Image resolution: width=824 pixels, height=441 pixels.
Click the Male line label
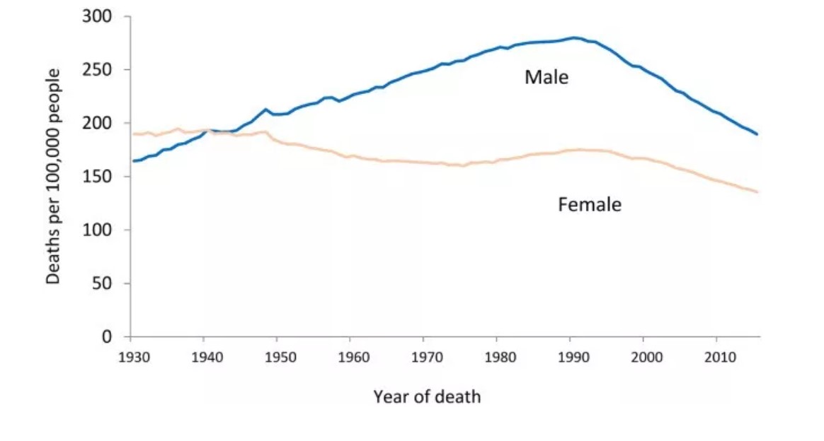(x=546, y=77)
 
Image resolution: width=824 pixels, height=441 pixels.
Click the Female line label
(x=589, y=205)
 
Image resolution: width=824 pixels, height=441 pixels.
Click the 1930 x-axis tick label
(x=133, y=356)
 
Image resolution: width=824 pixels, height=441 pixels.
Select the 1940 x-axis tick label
(x=207, y=356)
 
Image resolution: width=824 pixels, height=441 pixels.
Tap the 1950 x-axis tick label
(x=280, y=356)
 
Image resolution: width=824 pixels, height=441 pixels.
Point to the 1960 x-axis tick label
(x=353, y=356)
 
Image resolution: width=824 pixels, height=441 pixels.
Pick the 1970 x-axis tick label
(x=427, y=356)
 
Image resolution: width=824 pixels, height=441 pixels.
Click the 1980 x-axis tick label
(x=500, y=356)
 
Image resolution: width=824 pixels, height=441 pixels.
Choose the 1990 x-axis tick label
(x=573, y=356)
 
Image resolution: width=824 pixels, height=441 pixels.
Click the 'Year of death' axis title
(x=427, y=396)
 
